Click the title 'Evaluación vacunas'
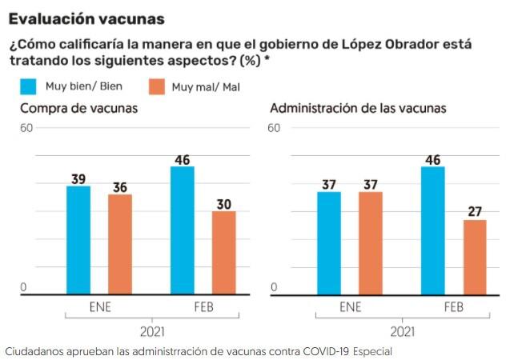(x=87, y=18)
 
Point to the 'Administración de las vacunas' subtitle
(x=358, y=108)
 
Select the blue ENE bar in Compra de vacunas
(x=78, y=240)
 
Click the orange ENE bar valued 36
(x=120, y=244)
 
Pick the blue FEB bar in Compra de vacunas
(x=183, y=230)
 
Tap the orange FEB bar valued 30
(x=224, y=253)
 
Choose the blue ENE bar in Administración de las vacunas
(x=329, y=242)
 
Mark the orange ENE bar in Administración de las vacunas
(x=371, y=242)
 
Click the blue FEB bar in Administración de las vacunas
(x=433, y=230)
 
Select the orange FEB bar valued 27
(x=475, y=257)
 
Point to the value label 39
(x=78, y=179)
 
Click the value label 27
(x=475, y=212)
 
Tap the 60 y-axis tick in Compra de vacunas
(x=27, y=127)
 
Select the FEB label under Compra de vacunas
(x=203, y=306)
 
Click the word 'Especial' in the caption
(x=373, y=350)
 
